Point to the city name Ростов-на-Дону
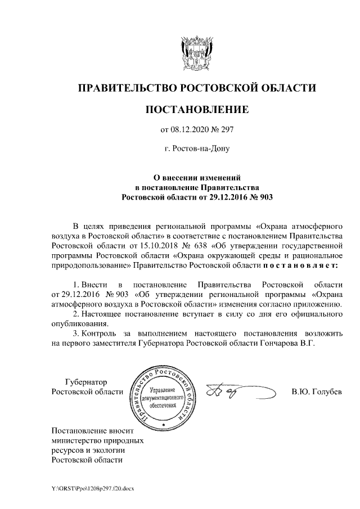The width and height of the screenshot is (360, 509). coord(197,150)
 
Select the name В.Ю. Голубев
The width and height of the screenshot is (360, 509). coord(316,391)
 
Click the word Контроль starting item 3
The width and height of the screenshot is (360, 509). coord(100,335)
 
